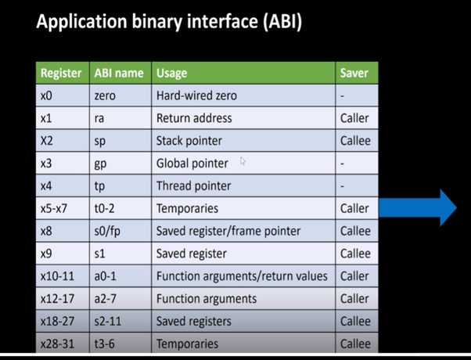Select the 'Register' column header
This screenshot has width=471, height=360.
click(x=61, y=73)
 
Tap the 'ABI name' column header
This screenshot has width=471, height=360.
click(x=118, y=73)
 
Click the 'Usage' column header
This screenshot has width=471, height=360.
click(x=172, y=73)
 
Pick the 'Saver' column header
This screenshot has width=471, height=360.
click(x=354, y=73)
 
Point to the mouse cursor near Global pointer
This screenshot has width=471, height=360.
click(x=243, y=161)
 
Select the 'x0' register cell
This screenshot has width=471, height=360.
click(x=48, y=95)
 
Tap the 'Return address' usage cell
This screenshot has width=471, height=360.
click(x=194, y=118)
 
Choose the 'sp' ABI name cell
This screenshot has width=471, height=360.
click(x=99, y=141)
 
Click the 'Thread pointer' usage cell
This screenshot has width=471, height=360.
click(x=193, y=186)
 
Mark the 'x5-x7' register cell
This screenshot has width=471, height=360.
click(x=56, y=209)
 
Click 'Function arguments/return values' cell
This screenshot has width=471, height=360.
click(x=243, y=276)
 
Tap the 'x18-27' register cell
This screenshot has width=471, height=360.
click(x=58, y=322)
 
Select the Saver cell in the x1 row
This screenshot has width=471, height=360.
click(x=354, y=118)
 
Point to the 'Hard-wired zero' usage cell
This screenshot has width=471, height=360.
click(x=196, y=95)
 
